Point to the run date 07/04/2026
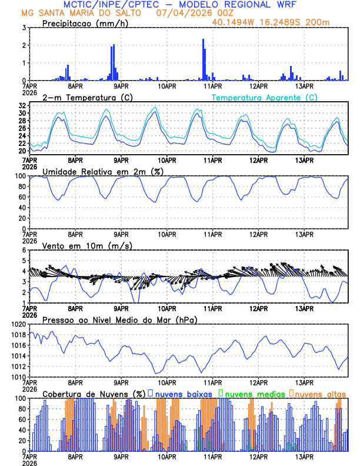click(x=179, y=13)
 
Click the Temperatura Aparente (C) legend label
click(x=265, y=97)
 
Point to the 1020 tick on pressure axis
click(x=18, y=324)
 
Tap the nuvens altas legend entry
click(x=320, y=393)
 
